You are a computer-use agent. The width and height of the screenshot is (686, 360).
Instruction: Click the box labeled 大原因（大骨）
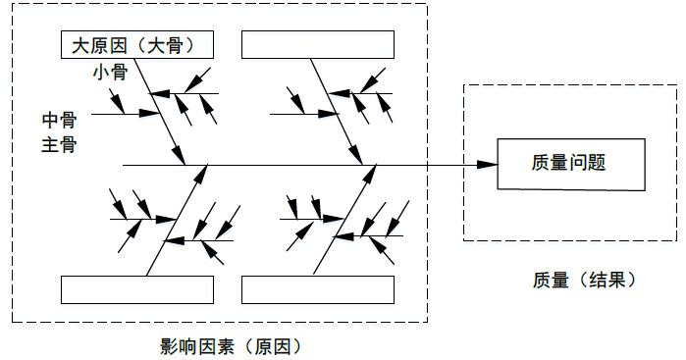137,45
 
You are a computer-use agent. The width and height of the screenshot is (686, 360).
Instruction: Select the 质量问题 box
572,164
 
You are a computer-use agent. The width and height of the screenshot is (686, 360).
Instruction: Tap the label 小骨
109,74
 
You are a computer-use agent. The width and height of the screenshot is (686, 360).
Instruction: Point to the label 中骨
59,120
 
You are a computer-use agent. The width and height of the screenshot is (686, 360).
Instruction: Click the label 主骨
59,145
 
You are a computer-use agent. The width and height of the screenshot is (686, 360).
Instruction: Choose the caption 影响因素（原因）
230,346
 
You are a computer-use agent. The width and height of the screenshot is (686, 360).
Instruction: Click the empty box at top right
318,45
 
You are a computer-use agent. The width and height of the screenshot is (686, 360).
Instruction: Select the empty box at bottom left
137,290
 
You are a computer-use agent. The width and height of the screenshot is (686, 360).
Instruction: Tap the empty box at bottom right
318,290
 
